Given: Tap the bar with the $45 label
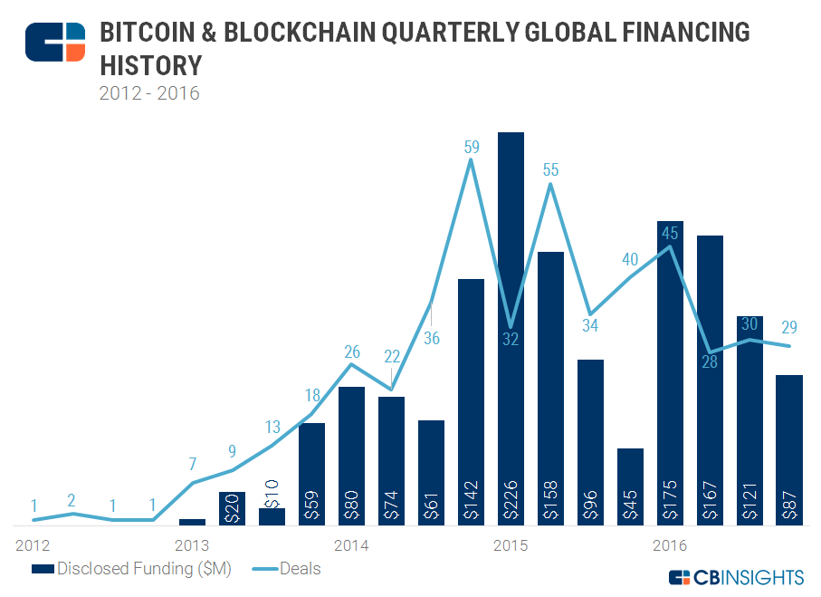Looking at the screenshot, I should (x=631, y=486).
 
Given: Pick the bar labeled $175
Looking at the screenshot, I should (x=671, y=372).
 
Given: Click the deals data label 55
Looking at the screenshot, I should (x=551, y=169).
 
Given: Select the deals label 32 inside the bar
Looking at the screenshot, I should (x=511, y=340).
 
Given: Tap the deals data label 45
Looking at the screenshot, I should (x=671, y=232).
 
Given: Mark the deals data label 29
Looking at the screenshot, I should (x=788, y=327).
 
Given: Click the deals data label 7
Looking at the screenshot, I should (x=193, y=465).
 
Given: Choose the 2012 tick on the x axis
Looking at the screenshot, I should (x=33, y=545).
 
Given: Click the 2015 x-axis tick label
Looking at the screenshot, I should (x=511, y=545).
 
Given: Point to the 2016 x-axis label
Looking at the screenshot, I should (x=671, y=545).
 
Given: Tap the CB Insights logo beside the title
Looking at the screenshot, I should (x=55, y=43).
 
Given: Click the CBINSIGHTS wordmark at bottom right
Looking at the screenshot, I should (x=736, y=577).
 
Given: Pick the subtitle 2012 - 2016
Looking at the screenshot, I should (x=149, y=92).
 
